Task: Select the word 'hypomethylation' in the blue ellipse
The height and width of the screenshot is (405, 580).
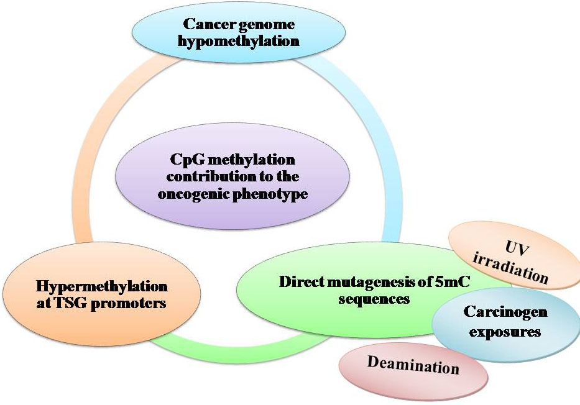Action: (x=239, y=42)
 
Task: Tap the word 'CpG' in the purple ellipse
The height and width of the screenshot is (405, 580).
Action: (x=188, y=160)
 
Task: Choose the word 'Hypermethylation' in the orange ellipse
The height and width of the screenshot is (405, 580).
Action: (x=102, y=286)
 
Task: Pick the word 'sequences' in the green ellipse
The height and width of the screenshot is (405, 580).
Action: (x=374, y=299)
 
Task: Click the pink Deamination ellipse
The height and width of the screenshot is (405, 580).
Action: (x=413, y=365)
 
